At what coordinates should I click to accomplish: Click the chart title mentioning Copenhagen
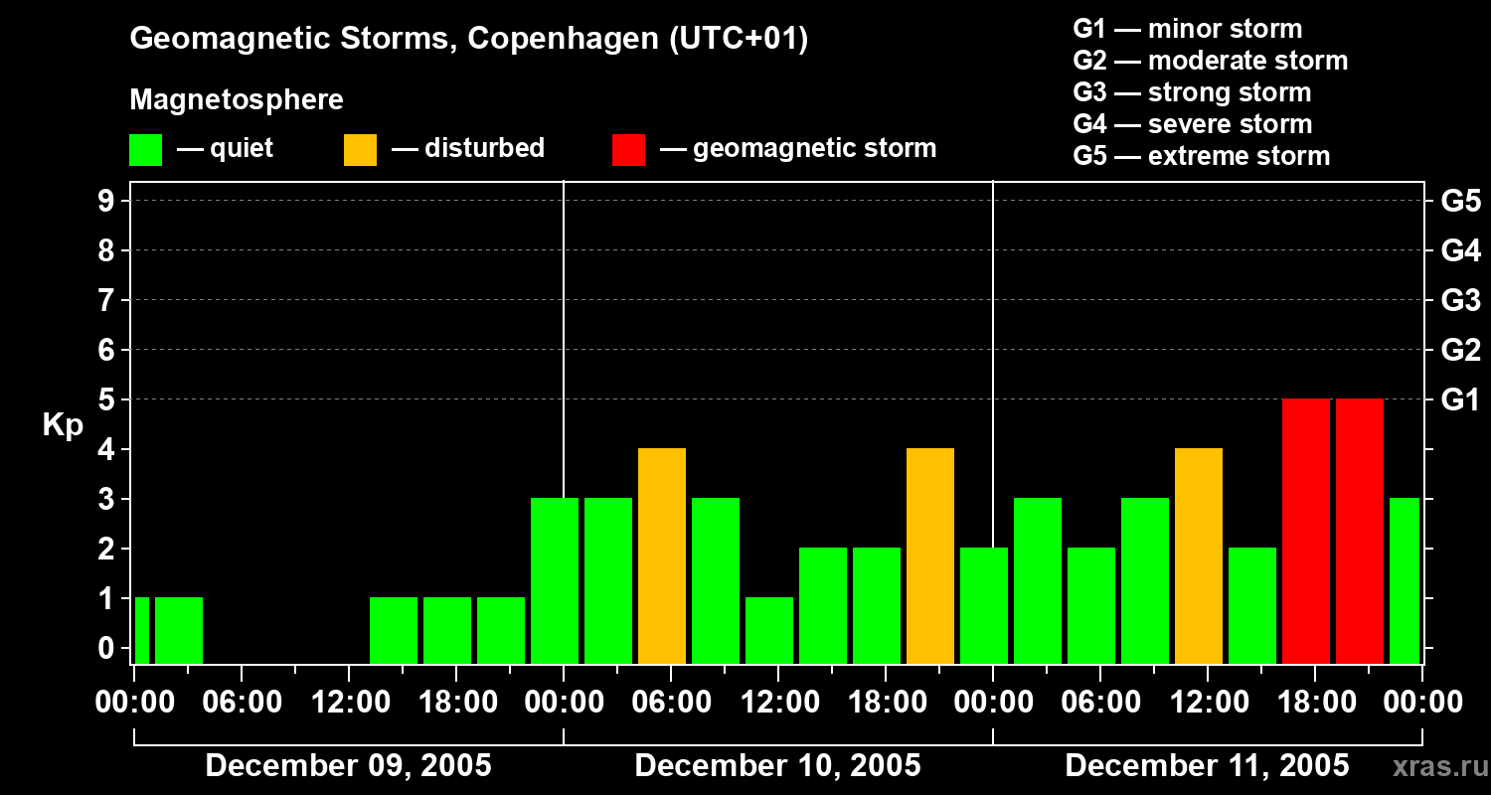468,40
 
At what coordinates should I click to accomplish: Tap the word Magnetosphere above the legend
237,100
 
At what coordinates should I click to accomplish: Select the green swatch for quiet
145,150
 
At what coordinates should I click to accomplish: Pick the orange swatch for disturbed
360,150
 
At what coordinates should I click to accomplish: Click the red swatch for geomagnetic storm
628,150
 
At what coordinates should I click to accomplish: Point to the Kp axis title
63,425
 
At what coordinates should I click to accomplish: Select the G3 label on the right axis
1460,301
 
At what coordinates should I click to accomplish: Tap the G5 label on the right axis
1460,202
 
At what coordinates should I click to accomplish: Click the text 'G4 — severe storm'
1192,124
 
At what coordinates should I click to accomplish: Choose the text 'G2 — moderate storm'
1210,61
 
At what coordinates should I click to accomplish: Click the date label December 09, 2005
348,766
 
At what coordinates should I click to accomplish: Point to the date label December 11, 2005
1207,766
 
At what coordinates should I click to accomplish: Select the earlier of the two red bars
1306,532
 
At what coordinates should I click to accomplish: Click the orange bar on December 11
1199,556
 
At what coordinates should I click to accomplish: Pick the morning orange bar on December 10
662,556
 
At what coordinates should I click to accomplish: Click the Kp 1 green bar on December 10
769,630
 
